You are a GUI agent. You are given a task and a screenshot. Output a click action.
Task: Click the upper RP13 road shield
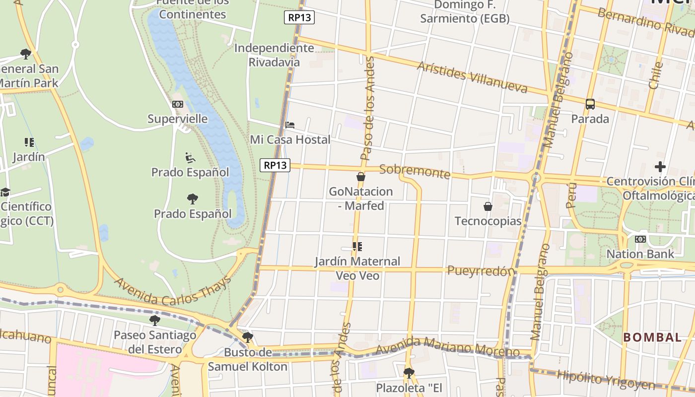(x=299, y=18)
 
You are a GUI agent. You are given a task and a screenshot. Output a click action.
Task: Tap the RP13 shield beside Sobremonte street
(x=275, y=165)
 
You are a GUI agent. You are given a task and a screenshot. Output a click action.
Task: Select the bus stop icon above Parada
(x=590, y=104)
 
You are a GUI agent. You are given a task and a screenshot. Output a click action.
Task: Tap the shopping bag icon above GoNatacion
(x=361, y=177)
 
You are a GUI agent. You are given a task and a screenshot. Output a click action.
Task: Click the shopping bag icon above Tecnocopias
(x=488, y=206)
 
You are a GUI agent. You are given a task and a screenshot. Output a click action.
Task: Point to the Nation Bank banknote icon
(x=640, y=239)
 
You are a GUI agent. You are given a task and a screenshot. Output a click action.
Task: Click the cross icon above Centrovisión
(x=660, y=167)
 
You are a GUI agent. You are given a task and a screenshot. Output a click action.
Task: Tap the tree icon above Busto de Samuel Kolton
(x=247, y=338)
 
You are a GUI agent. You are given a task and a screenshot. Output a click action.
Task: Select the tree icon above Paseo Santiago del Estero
(x=155, y=320)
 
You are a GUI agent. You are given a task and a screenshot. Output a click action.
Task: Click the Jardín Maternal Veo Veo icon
(x=357, y=246)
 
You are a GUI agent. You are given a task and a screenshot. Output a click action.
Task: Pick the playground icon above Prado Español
(x=190, y=158)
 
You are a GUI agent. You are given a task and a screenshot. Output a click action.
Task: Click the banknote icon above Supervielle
(x=177, y=104)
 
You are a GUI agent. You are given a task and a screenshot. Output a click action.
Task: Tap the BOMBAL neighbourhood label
(x=652, y=337)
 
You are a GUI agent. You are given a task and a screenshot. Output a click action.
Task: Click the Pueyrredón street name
(x=480, y=271)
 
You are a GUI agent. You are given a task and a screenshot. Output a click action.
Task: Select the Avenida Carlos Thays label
(x=173, y=291)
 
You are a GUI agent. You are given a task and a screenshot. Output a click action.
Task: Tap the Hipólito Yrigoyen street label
(x=606, y=380)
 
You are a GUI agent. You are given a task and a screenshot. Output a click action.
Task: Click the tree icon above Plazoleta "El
(x=409, y=373)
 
